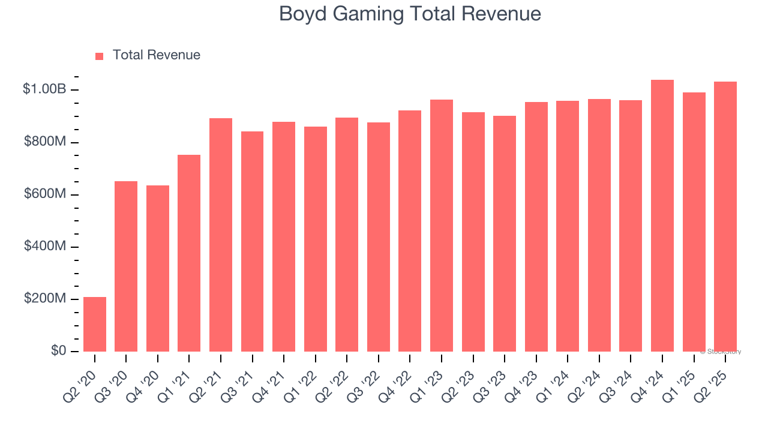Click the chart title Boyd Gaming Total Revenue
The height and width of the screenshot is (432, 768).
tap(410, 14)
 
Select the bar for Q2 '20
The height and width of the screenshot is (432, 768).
tap(95, 324)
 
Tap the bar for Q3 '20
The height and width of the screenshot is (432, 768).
tap(126, 266)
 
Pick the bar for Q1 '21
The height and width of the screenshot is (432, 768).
tap(189, 253)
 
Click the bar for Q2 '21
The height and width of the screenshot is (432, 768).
tap(221, 235)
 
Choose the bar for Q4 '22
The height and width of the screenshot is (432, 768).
tap(410, 231)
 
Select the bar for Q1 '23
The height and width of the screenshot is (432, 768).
tap(442, 226)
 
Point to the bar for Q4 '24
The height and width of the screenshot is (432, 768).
tap(662, 215)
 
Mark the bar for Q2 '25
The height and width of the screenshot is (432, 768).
tap(725, 217)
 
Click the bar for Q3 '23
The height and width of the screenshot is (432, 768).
tap(505, 233)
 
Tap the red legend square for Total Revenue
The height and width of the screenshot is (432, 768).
tap(100, 56)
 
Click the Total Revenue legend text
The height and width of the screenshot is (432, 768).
tap(156, 55)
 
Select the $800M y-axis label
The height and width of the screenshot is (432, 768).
tap(45, 142)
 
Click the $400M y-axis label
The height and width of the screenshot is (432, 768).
tap(45, 247)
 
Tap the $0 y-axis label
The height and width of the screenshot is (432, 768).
tap(58, 351)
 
